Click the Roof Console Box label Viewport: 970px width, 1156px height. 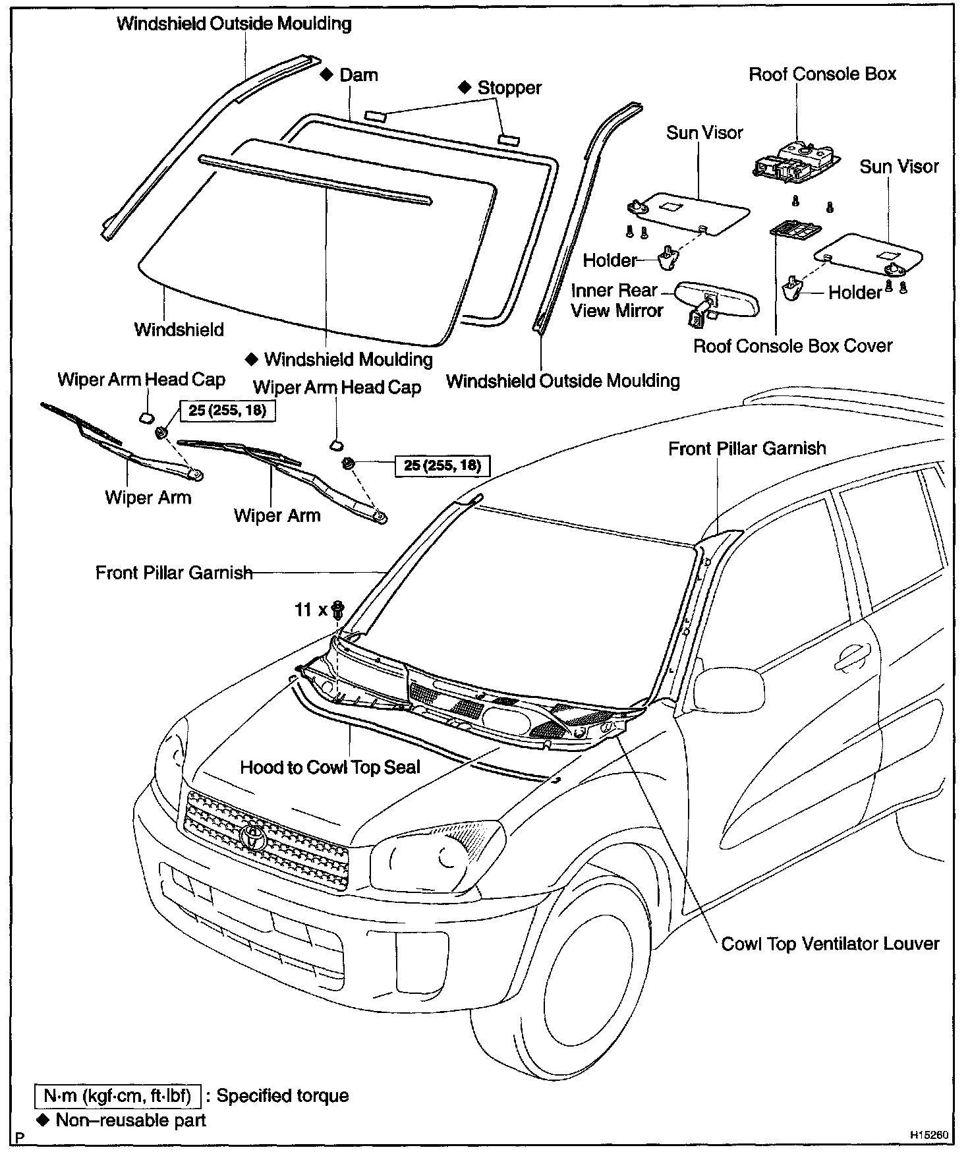pos(822,74)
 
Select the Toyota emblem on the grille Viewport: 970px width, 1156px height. pos(252,835)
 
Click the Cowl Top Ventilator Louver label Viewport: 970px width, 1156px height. pos(830,944)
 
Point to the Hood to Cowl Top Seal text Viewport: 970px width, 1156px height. pos(329,767)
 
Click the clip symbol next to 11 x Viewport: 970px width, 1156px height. pos(339,610)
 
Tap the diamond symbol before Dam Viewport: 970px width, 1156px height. pos(326,74)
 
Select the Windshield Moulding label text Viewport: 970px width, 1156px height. pos(348,359)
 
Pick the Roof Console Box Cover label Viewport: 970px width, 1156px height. pos(792,346)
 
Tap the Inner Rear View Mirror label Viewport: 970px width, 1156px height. pos(616,301)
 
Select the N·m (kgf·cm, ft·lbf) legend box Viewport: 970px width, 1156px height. pos(117,1096)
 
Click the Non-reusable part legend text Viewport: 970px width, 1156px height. pos(130,1120)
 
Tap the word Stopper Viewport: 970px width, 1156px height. pos(509,88)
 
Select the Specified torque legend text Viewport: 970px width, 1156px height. pos(282,1096)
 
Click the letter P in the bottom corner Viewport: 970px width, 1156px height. pos(20,1137)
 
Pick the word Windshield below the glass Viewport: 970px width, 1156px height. pos(179,330)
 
